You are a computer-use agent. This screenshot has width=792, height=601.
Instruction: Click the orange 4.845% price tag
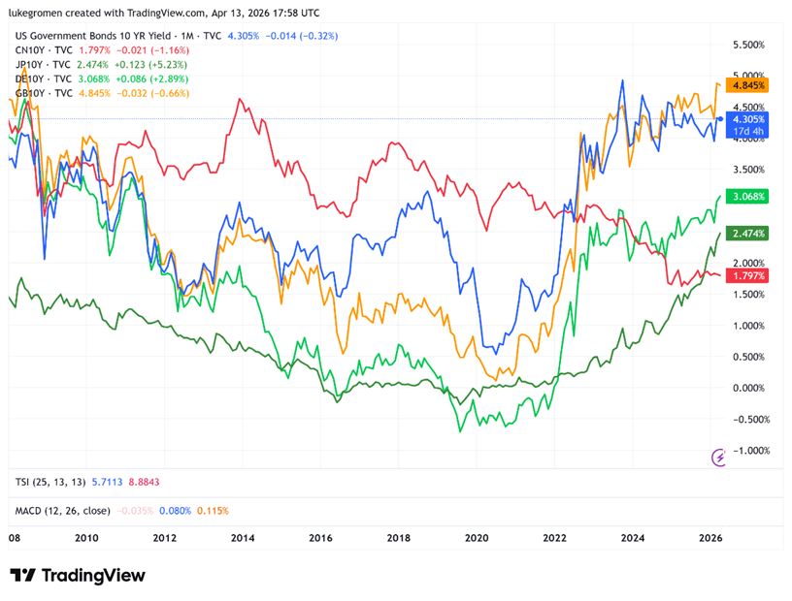tap(748, 85)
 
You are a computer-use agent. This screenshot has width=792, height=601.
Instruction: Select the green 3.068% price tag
tap(748, 197)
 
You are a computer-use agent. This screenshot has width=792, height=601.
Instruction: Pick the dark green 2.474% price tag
tap(748, 234)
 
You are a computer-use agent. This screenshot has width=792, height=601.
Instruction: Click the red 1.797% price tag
tap(748, 276)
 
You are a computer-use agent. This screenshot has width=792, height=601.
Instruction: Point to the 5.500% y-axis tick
tap(748, 46)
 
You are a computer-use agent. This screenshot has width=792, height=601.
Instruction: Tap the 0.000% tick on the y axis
tap(748, 388)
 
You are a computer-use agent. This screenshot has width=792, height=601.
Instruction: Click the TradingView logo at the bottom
tap(78, 575)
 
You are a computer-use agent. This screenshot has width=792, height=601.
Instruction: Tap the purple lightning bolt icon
tap(720, 457)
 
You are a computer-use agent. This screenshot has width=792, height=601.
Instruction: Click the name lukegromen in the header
tap(40, 11)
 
